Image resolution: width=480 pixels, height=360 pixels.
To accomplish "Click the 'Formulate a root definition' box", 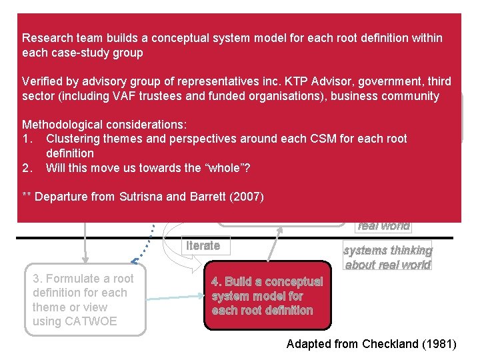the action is (x=83, y=300).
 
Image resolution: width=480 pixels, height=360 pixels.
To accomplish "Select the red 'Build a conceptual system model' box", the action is (x=267, y=296).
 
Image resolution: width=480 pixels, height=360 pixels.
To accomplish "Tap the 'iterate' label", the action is (x=203, y=245).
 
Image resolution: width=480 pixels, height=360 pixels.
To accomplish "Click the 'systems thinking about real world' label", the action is (x=387, y=257).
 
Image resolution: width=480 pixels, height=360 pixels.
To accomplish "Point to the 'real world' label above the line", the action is (x=383, y=225).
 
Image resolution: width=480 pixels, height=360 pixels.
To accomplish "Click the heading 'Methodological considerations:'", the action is (x=105, y=125).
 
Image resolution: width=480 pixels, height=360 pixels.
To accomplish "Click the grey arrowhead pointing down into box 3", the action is (x=85, y=261).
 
